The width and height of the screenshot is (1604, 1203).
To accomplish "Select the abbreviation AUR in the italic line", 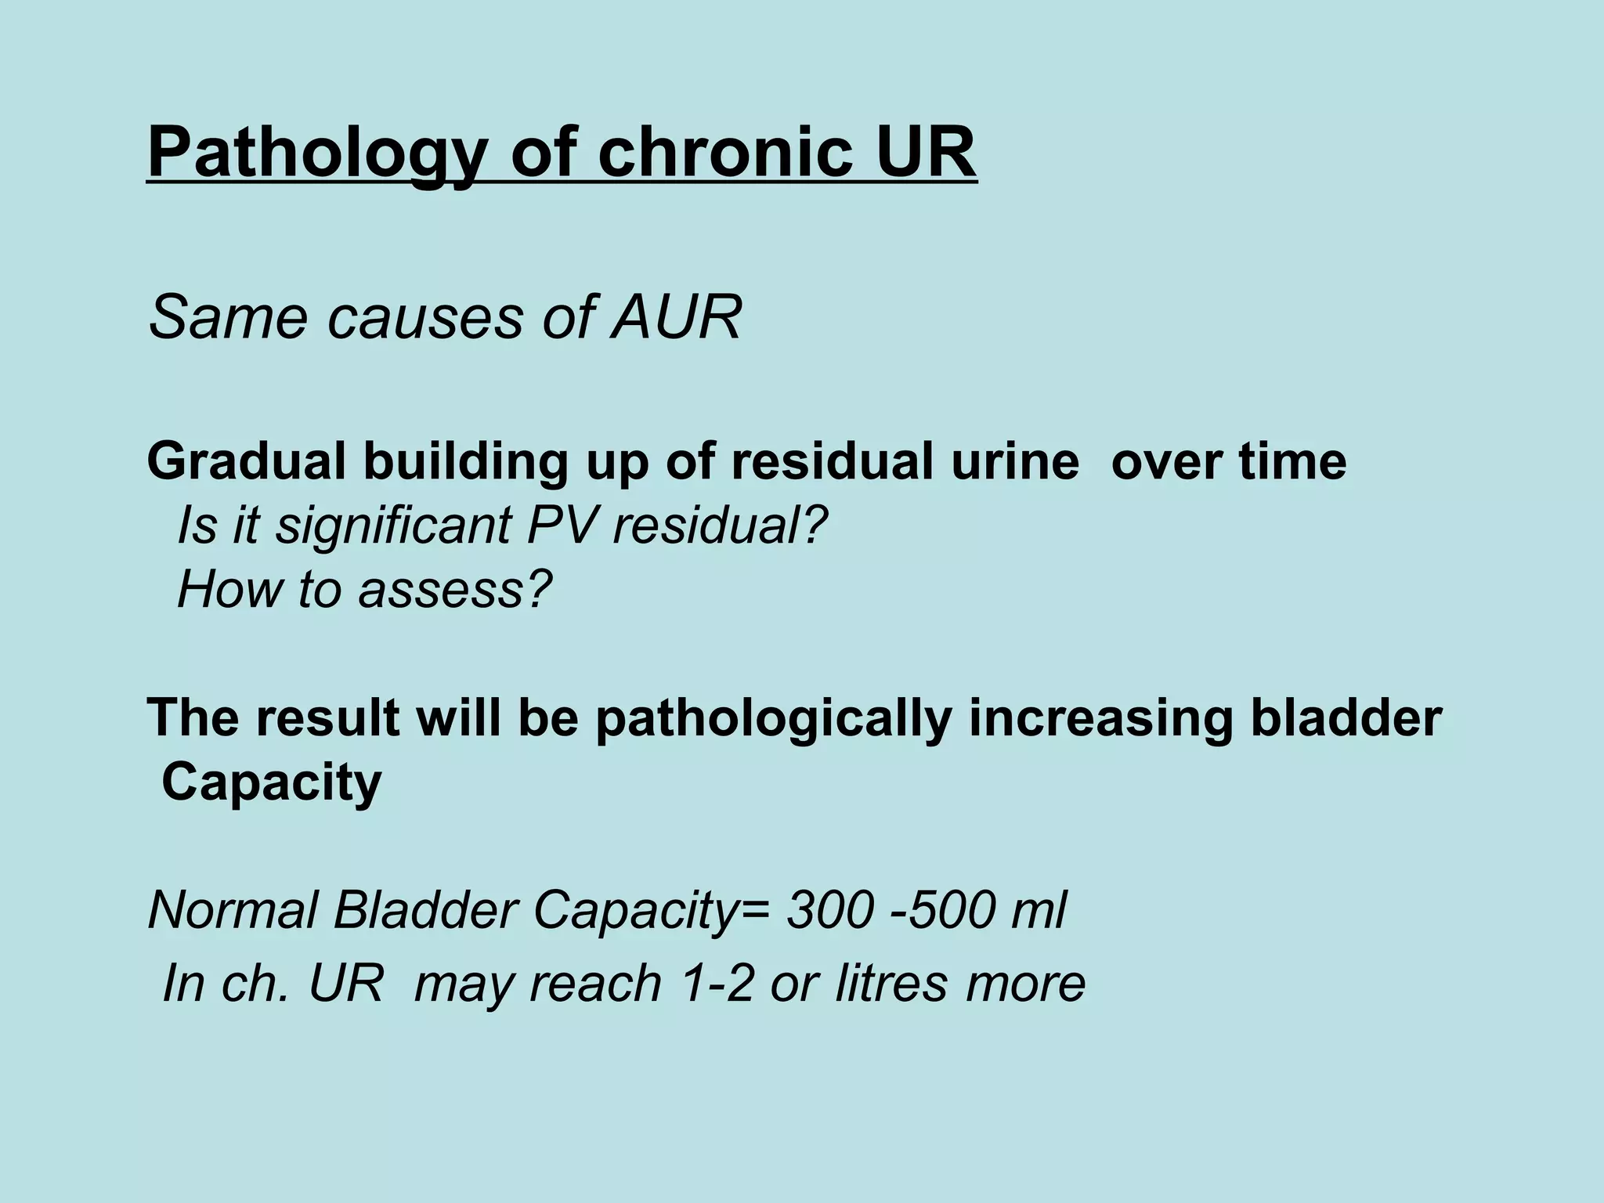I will pyautogui.click(x=676, y=317).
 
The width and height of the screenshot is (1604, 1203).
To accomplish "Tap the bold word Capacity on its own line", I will pyautogui.click(x=271, y=782).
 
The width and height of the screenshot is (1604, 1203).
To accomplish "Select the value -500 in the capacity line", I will pyautogui.click(x=941, y=910).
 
